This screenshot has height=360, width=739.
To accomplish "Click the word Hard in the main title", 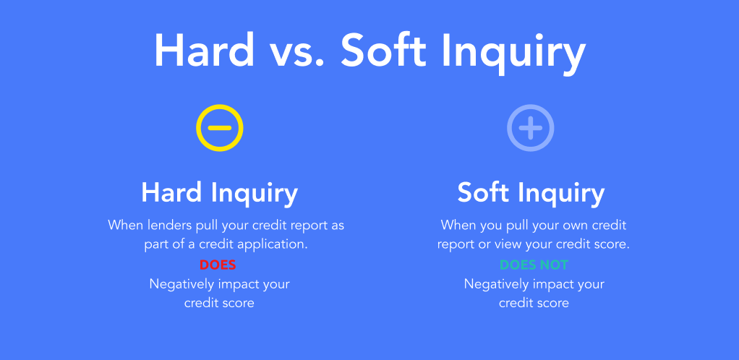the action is click(204, 51).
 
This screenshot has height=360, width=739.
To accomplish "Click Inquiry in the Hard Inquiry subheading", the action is click(255, 194).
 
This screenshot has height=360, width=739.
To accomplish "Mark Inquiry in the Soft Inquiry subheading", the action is click(561, 194).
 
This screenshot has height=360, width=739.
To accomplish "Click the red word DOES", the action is click(218, 265).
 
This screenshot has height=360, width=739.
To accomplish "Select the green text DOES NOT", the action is click(534, 265).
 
